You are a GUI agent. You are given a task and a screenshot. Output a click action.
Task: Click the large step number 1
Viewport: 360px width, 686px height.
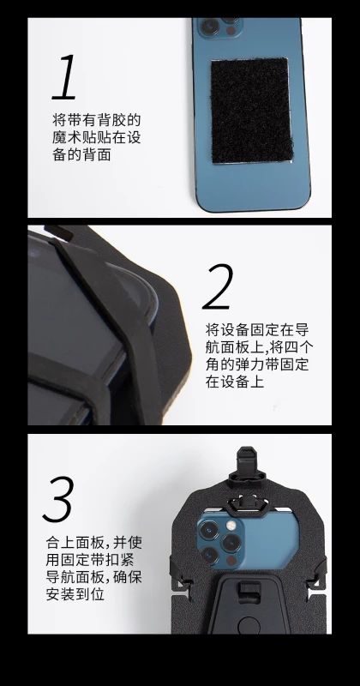click(65, 77)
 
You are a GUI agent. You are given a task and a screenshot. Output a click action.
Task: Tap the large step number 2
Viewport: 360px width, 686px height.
click(218, 286)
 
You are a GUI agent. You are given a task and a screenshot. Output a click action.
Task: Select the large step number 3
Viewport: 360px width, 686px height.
click(58, 499)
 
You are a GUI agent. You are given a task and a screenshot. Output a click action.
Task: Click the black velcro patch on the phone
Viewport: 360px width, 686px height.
click(251, 111)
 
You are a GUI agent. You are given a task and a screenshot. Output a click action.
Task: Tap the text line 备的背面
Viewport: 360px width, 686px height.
click(81, 154)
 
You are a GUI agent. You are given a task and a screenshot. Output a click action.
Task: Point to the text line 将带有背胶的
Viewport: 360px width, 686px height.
click(97, 120)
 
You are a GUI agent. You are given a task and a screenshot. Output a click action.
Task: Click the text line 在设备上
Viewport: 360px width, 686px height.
click(235, 381)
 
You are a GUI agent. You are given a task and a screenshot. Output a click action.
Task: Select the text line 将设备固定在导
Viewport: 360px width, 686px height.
click(257, 329)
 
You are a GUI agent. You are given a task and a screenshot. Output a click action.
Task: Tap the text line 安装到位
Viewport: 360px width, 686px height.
click(75, 594)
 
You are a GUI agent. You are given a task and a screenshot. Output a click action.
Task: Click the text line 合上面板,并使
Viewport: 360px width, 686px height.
click(94, 543)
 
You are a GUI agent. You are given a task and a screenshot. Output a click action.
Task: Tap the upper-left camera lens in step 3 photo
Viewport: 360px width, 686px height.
click(208, 529)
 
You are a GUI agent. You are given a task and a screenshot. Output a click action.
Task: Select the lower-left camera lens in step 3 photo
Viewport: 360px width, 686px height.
click(209, 555)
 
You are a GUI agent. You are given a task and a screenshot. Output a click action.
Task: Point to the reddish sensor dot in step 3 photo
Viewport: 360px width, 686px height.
click(231, 561)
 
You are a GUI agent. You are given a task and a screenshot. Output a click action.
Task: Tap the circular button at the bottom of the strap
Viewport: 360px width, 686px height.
click(249, 626)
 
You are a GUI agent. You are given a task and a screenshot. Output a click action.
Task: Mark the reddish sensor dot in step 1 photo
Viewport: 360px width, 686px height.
click(231, 30)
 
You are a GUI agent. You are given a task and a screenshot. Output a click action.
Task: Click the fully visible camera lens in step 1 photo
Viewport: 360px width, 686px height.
click(209, 27)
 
